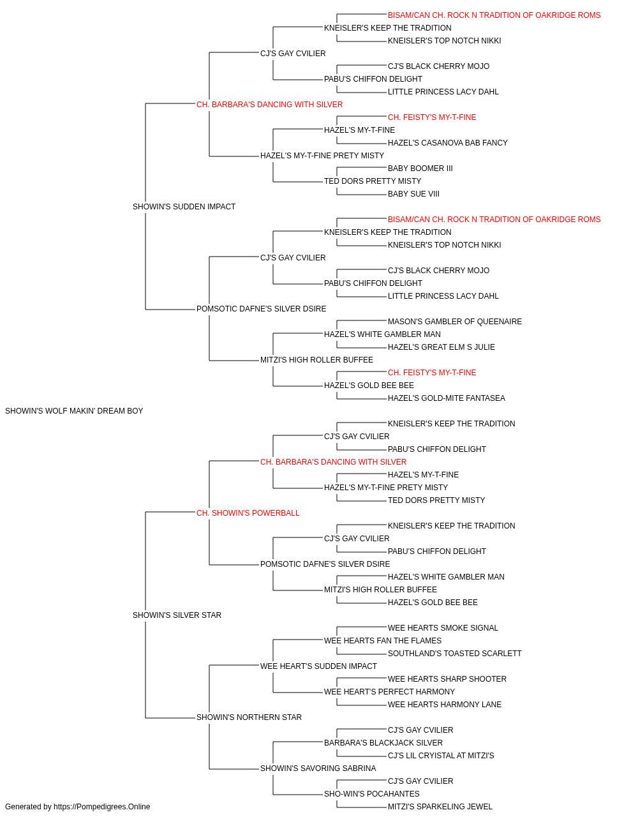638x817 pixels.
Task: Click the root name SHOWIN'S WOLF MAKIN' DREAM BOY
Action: (74, 411)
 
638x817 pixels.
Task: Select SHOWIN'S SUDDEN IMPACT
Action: (184, 207)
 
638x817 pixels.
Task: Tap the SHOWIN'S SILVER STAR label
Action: (177, 615)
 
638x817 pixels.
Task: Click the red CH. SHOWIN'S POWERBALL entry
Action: (248, 513)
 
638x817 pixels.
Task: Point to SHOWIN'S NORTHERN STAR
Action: (249, 717)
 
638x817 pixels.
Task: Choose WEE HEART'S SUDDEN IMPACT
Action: (318, 666)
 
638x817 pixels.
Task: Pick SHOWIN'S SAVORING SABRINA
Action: (318, 768)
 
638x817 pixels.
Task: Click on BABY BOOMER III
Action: (420, 169)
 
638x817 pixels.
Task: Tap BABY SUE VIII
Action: (413, 194)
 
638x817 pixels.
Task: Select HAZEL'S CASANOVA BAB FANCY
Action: (448, 143)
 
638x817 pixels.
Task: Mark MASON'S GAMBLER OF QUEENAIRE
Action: (455, 322)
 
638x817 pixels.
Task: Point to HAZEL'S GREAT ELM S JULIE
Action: (441, 347)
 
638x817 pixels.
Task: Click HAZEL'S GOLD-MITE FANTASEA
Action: (447, 398)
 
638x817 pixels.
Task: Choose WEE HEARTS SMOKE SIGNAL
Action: (443, 628)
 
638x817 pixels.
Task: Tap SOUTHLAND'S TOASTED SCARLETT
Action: (455, 654)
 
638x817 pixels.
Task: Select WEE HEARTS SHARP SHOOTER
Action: (447, 679)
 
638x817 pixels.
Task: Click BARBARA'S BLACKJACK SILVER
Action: (383, 743)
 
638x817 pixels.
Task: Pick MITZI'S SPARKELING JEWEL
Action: (440, 807)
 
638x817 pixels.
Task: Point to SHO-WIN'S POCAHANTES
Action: (372, 794)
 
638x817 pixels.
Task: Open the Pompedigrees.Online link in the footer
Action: (102, 807)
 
